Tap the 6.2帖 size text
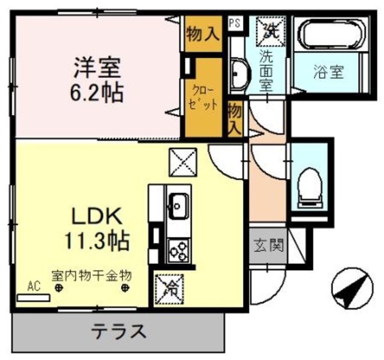(98, 92)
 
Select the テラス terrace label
(119, 331)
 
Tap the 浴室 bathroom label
(328, 73)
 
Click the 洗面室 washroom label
(266, 71)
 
